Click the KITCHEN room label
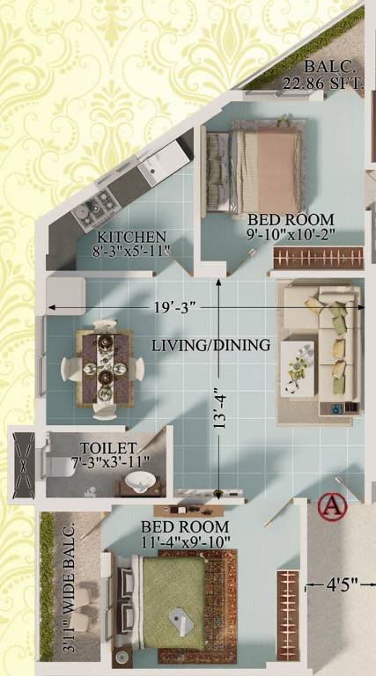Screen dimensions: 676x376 (x=131, y=236)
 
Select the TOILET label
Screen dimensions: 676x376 (x=107, y=448)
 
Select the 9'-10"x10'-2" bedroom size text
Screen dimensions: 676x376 (x=291, y=236)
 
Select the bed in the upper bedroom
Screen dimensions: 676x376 (x=254, y=171)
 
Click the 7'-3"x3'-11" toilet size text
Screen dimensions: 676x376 (x=109, y=461)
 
